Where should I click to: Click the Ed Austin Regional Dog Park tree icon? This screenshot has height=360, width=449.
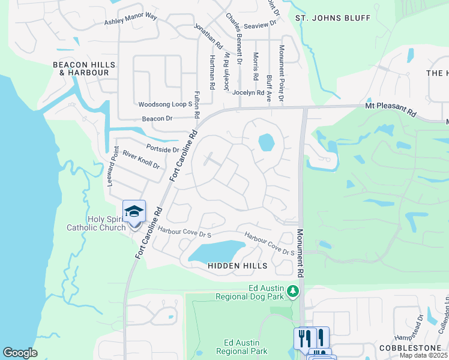pos(293,292)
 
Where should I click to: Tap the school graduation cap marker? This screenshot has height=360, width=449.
pos(134,211)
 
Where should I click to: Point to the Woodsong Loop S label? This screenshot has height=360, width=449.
pos(165,104)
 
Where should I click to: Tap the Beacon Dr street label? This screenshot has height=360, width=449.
pos(157,119)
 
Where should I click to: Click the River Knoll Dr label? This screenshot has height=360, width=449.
pos(141,160)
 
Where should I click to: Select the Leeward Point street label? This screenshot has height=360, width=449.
pos(112,166)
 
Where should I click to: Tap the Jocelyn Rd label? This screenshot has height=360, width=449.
pos(248,93)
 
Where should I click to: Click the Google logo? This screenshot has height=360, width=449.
pos(20,353)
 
